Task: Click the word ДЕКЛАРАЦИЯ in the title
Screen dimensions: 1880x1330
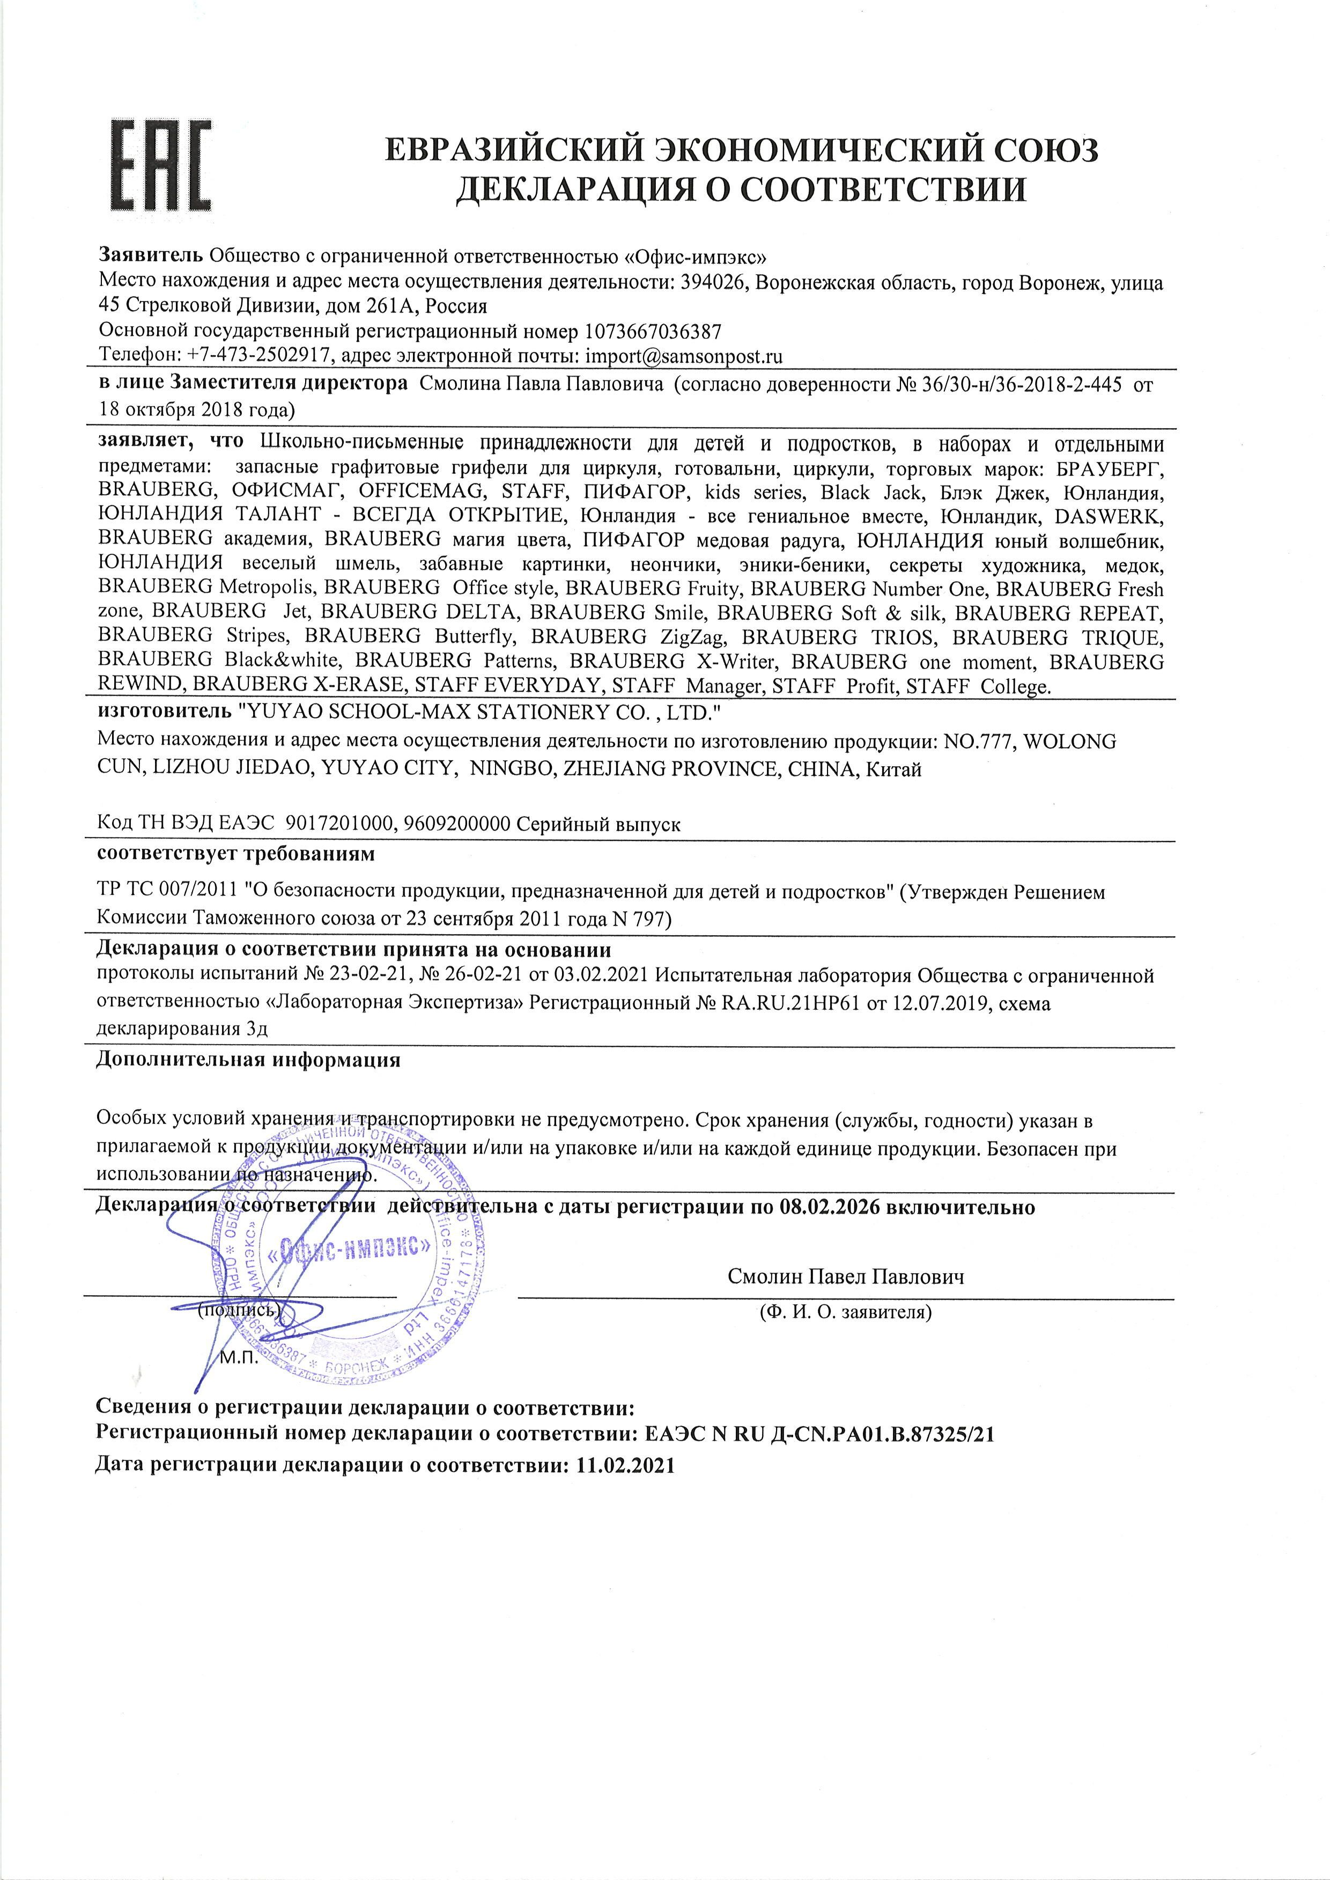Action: pos(566,189)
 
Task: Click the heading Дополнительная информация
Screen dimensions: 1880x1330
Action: pos(249,1060)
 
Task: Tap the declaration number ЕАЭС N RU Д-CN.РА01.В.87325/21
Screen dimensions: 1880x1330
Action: pos(820,1434)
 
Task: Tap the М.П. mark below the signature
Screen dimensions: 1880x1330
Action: pos(240,1358)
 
